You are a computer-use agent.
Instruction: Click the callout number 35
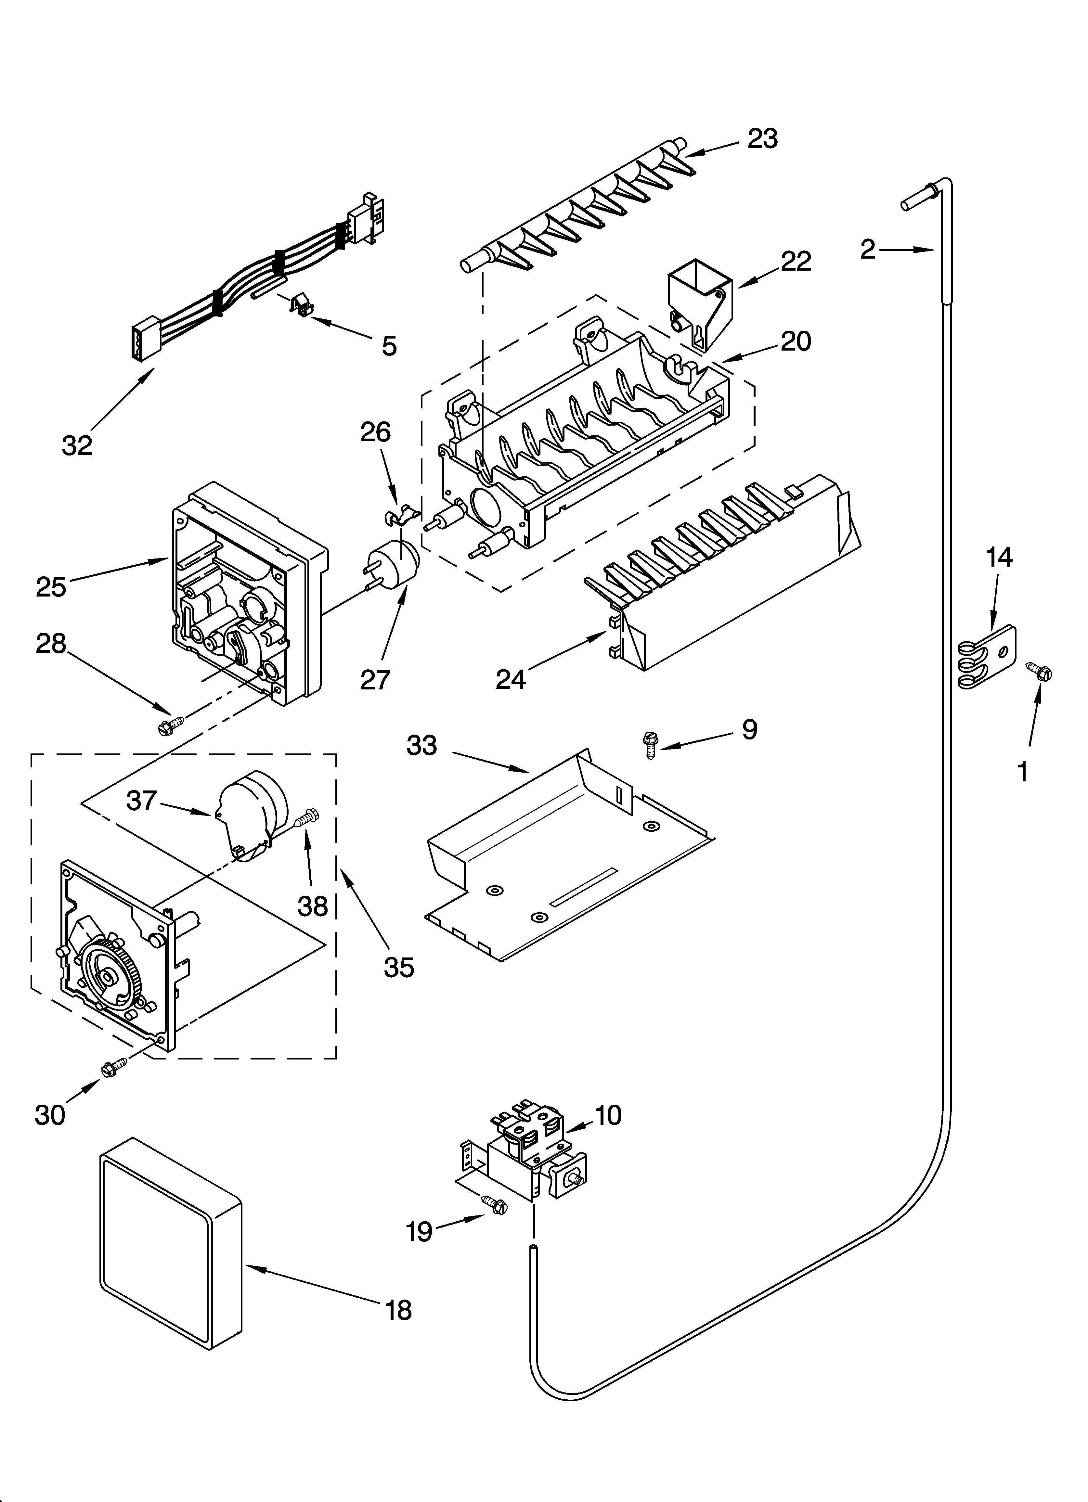pyautogui.click(x=399, y=967)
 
